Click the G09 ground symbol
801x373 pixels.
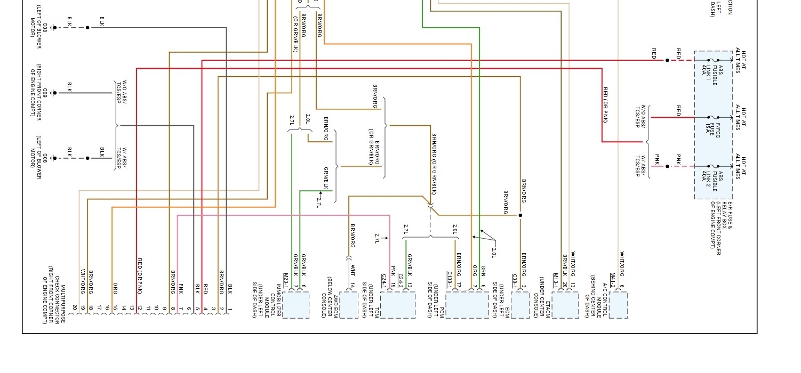[x=53, y=93]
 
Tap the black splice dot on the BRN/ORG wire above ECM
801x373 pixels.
[x=520, y=215]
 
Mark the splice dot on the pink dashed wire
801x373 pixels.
[x=667, y=166]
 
